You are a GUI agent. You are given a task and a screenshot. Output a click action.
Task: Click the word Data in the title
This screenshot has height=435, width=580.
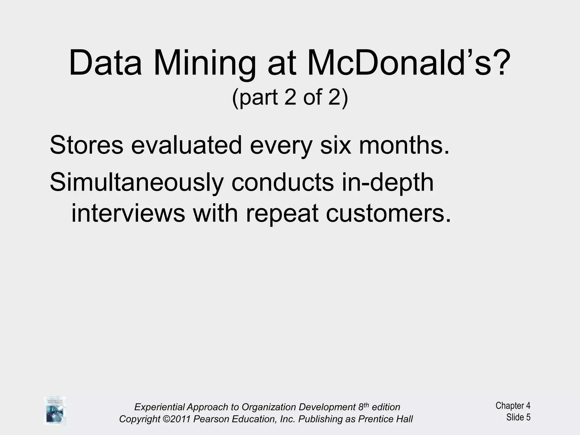coord(105,63)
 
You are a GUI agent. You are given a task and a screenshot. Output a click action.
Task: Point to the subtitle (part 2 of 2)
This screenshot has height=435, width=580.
coord(290,97)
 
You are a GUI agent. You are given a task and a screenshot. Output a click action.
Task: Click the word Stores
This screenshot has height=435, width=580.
coord(86,145)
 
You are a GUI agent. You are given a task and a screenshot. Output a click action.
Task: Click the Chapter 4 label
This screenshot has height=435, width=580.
coord(513,406)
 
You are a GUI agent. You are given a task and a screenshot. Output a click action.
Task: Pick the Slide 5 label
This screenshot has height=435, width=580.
coord(518,417)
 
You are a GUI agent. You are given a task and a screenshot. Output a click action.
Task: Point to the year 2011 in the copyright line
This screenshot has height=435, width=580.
coord(180,419)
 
